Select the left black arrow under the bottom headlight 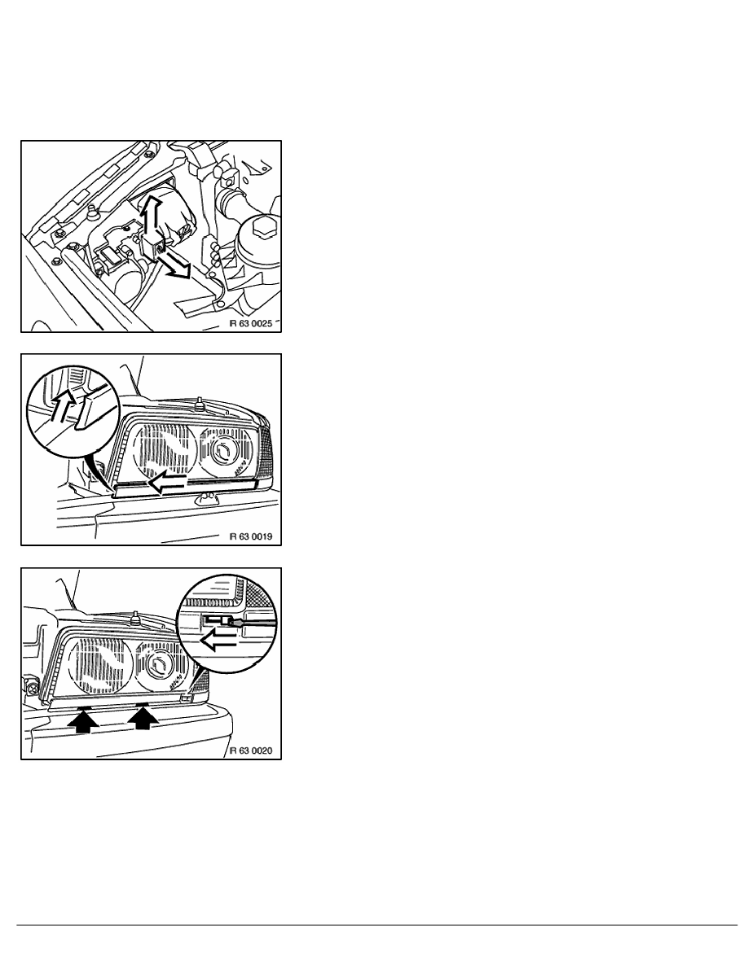pos(82,720)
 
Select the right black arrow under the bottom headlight pos(142,717)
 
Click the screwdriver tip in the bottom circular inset pos(231,621)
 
